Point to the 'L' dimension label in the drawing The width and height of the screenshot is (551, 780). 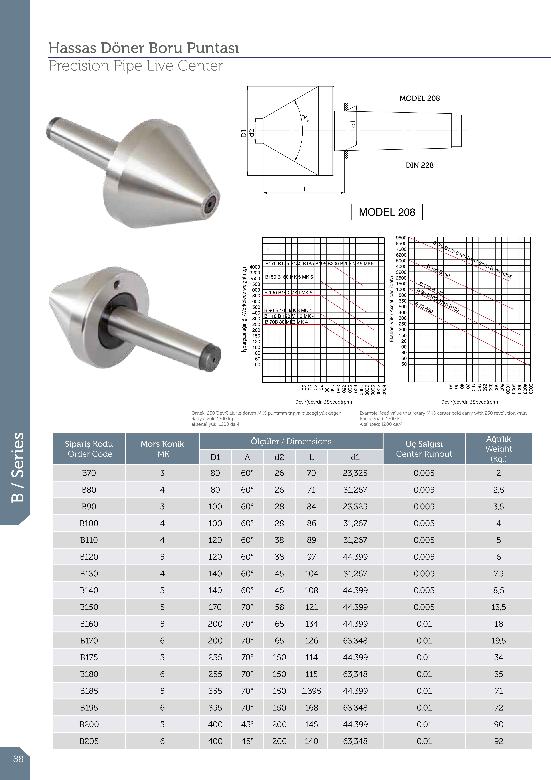click(x=305, y=189)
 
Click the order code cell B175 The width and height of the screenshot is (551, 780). click(x=89, y=657)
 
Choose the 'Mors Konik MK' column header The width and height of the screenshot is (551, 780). click(x=162, y=449)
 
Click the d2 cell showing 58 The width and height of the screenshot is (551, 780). click(x=279, y=607)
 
